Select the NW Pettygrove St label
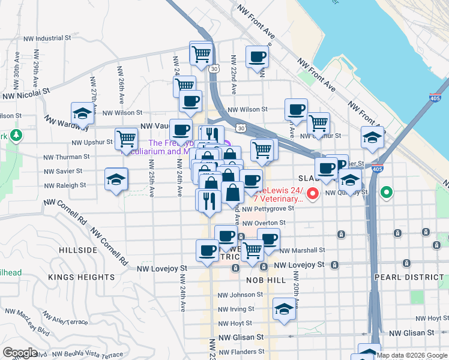tap(268, 209)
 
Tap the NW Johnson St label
tap(240, 295)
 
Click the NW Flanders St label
tap(242, 352)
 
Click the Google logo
tap(20, 352)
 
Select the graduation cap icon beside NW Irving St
tap(285, 309)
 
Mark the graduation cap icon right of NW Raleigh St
tap(116, 179)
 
